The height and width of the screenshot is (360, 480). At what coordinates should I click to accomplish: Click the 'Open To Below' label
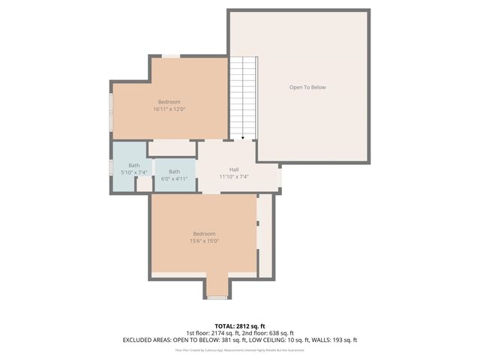pos(307,88)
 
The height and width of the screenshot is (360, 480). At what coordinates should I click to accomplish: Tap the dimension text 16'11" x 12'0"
pos(169,109)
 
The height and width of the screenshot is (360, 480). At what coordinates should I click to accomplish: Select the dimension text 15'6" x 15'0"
pos(204,241)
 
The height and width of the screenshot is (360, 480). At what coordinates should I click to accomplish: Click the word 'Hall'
pos(233,169)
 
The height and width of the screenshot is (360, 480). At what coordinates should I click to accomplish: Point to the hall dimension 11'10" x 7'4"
pos(233,177)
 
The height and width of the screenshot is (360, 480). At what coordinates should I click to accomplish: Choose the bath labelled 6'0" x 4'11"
pos(174,175)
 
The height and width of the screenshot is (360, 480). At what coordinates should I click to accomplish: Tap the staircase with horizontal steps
pos(242,97)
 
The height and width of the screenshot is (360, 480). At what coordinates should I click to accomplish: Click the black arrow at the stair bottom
pos(242,138)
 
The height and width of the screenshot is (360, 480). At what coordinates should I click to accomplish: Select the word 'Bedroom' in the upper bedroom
pos(169,102)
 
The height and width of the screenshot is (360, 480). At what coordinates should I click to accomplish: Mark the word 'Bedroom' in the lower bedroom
pos(204,233)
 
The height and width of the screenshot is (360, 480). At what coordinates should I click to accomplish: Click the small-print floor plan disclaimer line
pos(240,349)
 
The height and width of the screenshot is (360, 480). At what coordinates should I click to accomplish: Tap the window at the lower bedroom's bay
pos(217,298)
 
